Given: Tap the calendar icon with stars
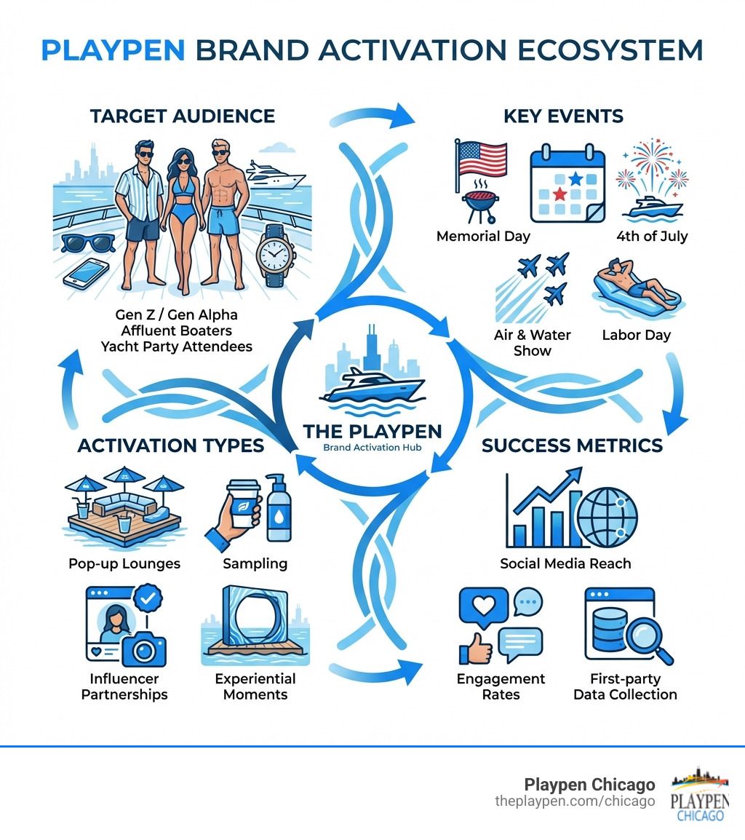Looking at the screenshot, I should click(x=567, y=185).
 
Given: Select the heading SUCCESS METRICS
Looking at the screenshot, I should click(x=573, y=445).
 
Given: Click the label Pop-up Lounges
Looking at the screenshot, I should click(x=124, y=563).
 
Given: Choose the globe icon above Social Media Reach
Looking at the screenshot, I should click(x=607, y=512).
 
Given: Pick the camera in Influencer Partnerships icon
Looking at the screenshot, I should click(x=144, y=646).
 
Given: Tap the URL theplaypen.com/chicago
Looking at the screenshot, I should click(x=575, y=801).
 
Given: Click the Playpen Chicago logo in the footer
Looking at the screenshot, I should click(x=700, y=795).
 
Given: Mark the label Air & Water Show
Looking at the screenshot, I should click(x=533, y=343).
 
